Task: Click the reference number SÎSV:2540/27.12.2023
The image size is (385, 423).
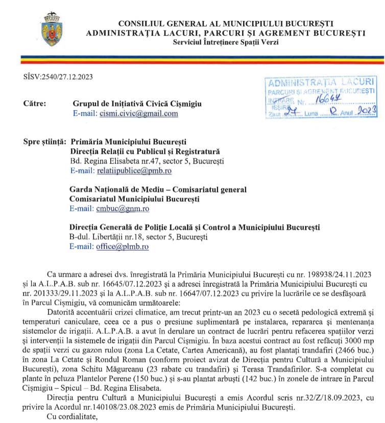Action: [x=51, y=77]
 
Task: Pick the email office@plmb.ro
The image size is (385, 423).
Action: [x=123, y=247]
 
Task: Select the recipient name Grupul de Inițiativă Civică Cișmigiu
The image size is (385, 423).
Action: [x=137, y=103]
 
